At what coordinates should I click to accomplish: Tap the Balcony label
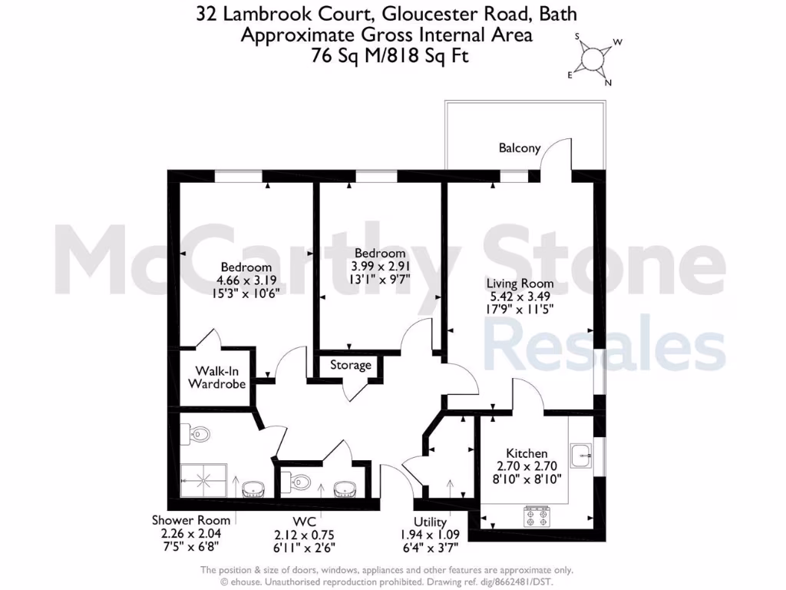(x=519, y=147)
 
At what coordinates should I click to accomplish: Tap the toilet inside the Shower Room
(x=197, y=435)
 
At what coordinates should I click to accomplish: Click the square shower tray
(x=204, y=481)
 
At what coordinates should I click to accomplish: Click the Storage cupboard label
(x=351, y=366)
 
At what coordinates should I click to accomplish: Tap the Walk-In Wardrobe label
(x=218, y=376)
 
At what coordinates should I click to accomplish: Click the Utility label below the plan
(x=430, y=523)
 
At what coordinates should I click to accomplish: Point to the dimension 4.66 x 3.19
(x=244, y=280)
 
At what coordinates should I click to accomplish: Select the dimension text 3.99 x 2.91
(x=379, y=267)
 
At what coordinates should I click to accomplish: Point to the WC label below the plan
(x=304, y=523)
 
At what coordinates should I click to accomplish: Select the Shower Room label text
(x=190, y=520)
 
